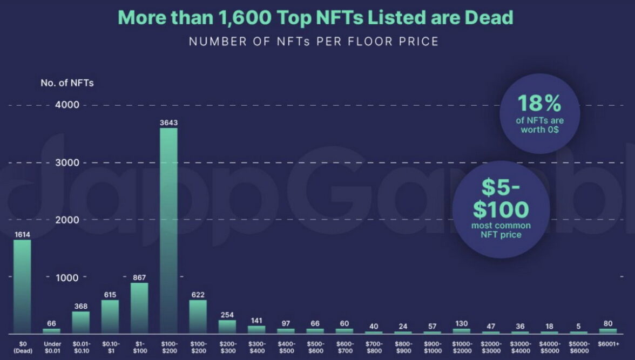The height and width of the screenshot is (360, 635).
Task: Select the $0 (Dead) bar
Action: [22, 286]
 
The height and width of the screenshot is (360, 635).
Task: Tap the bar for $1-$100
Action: [139, 308]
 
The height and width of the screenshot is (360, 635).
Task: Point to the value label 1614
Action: [22, 234]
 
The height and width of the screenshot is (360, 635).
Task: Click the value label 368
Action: [80, 306]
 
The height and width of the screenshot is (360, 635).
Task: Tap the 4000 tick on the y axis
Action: [67, 105]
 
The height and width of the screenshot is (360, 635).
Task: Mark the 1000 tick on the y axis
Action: [67, 277]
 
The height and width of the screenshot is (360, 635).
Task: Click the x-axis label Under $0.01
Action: [52, 347]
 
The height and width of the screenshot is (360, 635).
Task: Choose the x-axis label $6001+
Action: [607, 343]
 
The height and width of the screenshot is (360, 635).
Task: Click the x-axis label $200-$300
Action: [227, 347]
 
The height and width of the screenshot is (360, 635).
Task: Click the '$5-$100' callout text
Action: [501, 199]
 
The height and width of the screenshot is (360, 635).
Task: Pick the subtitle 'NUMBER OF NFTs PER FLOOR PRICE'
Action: [314, 42]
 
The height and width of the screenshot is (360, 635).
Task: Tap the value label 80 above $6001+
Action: [607, 323]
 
